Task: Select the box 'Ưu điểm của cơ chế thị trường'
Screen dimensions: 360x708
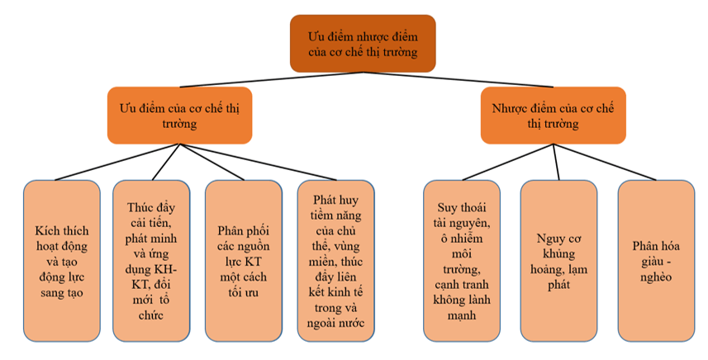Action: tap(179, 115)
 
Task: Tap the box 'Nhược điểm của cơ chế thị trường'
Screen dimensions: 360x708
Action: tap(554, 115)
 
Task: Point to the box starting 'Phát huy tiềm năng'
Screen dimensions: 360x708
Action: tap(335, 261)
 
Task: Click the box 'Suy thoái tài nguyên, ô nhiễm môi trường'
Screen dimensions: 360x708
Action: tap(462, 261)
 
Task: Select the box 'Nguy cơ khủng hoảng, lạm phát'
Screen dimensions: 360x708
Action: tap(558, 261)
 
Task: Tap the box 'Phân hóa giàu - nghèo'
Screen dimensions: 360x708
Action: tap(656, 261)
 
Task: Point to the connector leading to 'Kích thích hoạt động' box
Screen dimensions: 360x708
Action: tap(116, 162)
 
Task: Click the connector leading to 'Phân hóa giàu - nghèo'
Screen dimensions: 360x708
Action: tap(607, 162)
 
